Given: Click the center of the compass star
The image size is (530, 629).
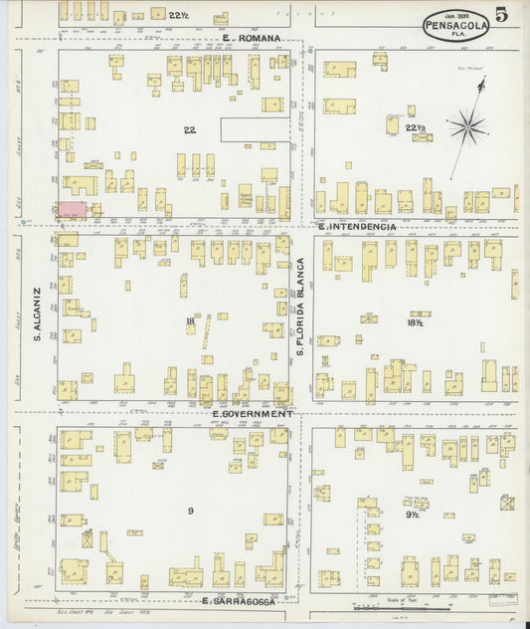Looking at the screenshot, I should point(466,125).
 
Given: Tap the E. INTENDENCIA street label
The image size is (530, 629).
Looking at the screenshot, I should point(357,227).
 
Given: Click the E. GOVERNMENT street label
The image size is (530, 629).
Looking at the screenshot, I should point(253,412).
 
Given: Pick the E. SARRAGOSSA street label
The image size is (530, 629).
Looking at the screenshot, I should point(243,601).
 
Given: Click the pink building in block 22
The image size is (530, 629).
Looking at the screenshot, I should point(72,209).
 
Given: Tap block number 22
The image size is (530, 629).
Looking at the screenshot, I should point(189,129).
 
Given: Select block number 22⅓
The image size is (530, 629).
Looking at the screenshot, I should point(416,127).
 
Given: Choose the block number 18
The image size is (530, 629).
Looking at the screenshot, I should point(189,320).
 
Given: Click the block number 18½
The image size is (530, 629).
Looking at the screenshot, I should point(416,322).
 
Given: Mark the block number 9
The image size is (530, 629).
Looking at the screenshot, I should point(189,511).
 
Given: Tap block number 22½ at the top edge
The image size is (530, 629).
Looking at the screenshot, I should point(179,15).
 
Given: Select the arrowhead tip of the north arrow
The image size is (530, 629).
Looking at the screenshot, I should point(482,83).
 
